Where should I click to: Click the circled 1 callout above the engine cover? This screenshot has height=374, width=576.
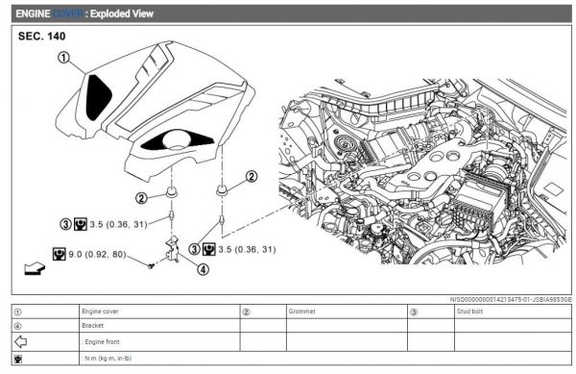click(x=63, y=58)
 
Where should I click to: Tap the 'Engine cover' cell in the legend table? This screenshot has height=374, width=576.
click(x=105, y=312)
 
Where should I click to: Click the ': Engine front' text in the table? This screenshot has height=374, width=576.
click(x=105, y=341)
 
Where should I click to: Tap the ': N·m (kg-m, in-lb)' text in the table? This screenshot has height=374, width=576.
click(x=116, y=358)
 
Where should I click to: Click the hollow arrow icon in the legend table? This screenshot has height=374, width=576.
click(x=20, y=341)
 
